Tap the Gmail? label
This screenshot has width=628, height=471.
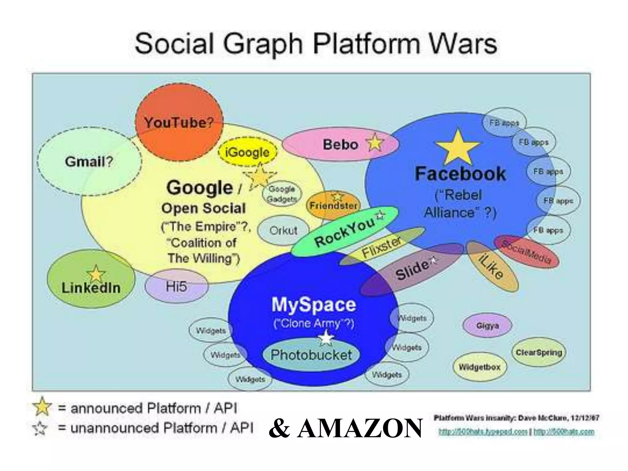tap(89, 162)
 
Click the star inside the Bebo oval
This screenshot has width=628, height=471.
tap(375, 143)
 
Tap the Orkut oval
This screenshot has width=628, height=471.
tap(283, 231)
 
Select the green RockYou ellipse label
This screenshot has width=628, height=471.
tap(344, 232)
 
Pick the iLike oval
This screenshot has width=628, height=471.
tap(492, 266)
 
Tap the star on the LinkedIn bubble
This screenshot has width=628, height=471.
tap(96, 274)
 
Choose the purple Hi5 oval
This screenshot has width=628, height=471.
tap(176, 286)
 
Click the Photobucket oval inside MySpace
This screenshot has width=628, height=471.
tap(311, 355)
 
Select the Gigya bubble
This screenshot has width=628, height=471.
tap(487, 326)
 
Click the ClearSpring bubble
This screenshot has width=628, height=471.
tap(539, 352)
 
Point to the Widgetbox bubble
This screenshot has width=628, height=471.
tap(479, 367)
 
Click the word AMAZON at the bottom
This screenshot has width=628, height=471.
tap(360, 428)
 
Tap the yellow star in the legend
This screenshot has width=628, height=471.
tap(42, 407)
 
